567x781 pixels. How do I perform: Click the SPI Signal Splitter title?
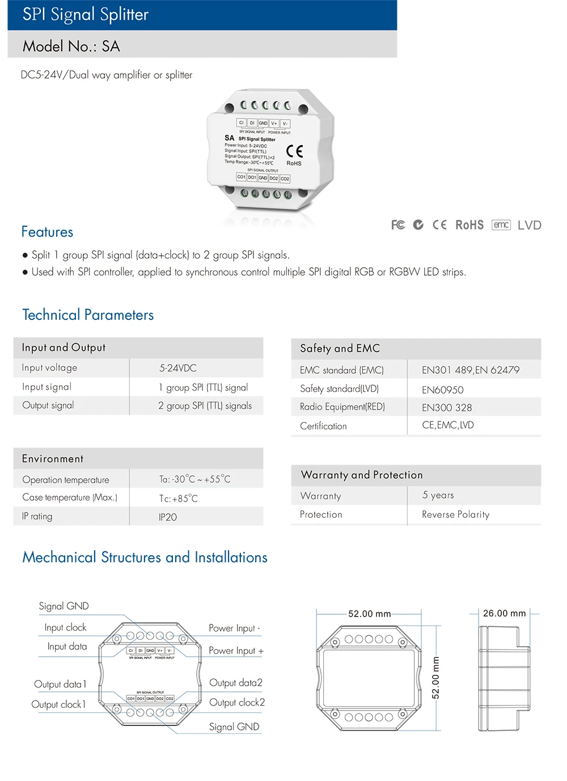86,15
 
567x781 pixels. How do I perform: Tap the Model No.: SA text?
71,47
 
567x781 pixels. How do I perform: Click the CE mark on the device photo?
294,151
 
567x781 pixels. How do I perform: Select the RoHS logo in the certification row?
469,225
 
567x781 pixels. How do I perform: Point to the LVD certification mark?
530,225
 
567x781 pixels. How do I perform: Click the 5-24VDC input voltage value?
178,368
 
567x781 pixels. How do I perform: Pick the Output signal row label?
48,406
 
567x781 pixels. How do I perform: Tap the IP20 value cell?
168,517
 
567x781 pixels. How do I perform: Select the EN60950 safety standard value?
443,390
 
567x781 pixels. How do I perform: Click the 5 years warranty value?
438,495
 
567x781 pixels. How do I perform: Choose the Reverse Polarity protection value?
455,514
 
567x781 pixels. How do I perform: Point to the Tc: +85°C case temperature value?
179,499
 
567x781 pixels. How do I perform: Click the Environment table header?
53,459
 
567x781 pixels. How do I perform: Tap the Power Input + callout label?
236,651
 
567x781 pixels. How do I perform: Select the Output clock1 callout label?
59,704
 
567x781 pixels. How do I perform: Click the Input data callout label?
67,647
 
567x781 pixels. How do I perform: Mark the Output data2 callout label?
236,683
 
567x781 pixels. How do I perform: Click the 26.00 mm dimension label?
504,613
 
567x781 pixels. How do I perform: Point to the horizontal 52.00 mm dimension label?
370,614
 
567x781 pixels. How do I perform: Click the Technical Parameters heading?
88,315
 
